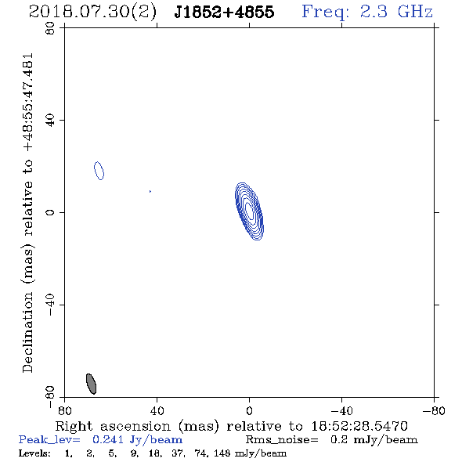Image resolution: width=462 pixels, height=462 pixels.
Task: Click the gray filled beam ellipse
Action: (x=91, y=384)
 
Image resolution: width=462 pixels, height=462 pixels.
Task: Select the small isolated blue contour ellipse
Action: (x=99, y=171)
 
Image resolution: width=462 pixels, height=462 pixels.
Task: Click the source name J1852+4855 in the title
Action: (x=224, y=12)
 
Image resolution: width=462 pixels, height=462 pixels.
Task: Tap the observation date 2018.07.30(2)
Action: (x=92, y=13)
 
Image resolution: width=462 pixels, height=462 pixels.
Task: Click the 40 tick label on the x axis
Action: (x=157, y=410)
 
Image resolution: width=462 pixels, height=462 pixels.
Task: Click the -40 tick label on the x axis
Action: (x=341, y=410)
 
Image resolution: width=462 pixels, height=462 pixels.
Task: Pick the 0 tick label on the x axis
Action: (x=249, y=410)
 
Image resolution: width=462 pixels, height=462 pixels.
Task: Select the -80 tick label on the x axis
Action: (x=434, y=410)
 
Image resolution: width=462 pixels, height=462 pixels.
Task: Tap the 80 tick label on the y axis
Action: (x=50, y=28)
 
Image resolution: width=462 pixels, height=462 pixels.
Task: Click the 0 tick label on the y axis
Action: (x=50, y=212)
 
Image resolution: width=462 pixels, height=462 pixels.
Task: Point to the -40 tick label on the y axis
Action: (x=50, y=305)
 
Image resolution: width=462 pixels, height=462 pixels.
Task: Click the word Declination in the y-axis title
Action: (x=27, y=332)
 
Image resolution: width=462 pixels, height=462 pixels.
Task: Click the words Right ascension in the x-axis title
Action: (x=113, y=426)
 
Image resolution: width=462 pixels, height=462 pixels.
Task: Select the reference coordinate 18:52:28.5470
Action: (x=359, y=426)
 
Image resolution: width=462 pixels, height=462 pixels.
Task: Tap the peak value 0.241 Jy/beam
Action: (x=137, y=439)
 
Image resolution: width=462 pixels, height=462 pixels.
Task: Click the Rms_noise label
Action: (x=282, y=440)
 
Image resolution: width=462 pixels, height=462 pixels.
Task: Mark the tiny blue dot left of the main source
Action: (x=150, y=192)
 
